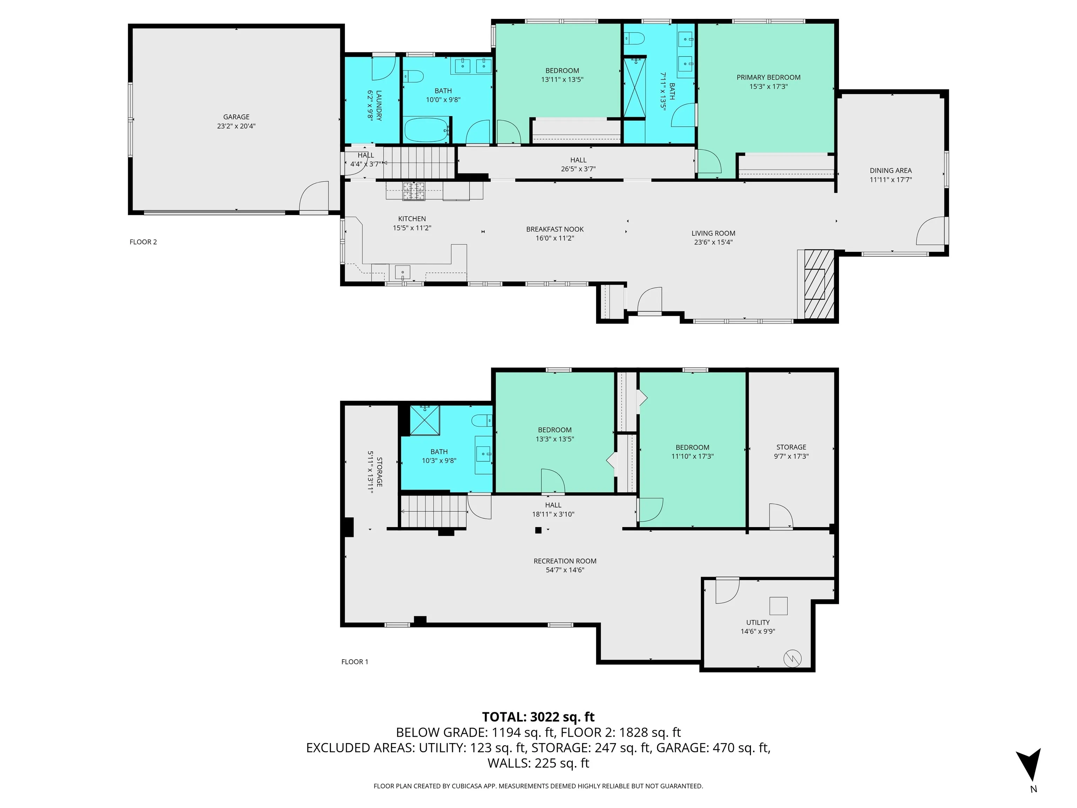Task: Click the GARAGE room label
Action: click(x=236, y=117)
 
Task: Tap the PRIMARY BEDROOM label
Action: click(x=768, y=78)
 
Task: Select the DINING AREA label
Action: click(x=890, y=170)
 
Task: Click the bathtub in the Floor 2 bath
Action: click(x=427, y=129)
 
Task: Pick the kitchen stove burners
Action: click(x=413, y=190)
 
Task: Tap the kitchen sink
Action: click(x=403, y=272)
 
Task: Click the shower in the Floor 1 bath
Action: click(x=425, y=420)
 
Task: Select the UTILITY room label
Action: click(x=758, y=622)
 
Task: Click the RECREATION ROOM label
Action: click(x=565, y=561)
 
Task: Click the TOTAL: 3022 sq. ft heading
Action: click(x=538, y=717)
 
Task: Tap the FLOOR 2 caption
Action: click(x=143, y=242)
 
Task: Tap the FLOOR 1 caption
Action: click(x=354, y=662)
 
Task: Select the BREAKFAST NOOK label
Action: click(x=555, y=229)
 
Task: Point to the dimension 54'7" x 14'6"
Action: click(x=565, y=570)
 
